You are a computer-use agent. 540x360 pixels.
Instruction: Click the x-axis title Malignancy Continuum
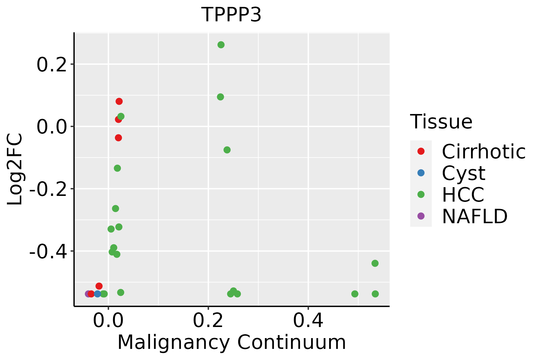tap(231, 343)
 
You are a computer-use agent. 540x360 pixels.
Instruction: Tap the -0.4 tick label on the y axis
tap(47, 251)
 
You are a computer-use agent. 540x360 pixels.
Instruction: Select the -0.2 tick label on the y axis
tap(47, 189)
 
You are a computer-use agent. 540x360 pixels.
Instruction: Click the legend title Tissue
tap(441, 122)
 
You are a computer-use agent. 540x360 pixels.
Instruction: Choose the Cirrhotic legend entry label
tap(483, 151)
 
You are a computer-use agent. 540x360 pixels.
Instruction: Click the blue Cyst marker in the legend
tap(421, 173)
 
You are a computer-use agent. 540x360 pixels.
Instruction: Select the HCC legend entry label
tap(463, 195)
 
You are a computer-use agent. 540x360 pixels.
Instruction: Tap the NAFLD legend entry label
tap(475, 216)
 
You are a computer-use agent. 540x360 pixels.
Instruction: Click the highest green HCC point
tap(221, 45)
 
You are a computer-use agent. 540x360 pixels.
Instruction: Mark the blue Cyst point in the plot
tap(97, 294)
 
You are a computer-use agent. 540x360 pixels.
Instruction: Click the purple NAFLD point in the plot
tap(88, 294)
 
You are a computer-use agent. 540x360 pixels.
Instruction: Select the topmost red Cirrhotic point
tap(119, 101)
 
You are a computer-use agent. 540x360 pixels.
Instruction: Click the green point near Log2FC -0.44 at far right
tap(375, 263)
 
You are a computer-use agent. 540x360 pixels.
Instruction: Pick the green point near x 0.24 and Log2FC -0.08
tap(227, 150)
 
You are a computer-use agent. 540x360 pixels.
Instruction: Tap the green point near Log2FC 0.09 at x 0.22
tap(220, 97)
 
